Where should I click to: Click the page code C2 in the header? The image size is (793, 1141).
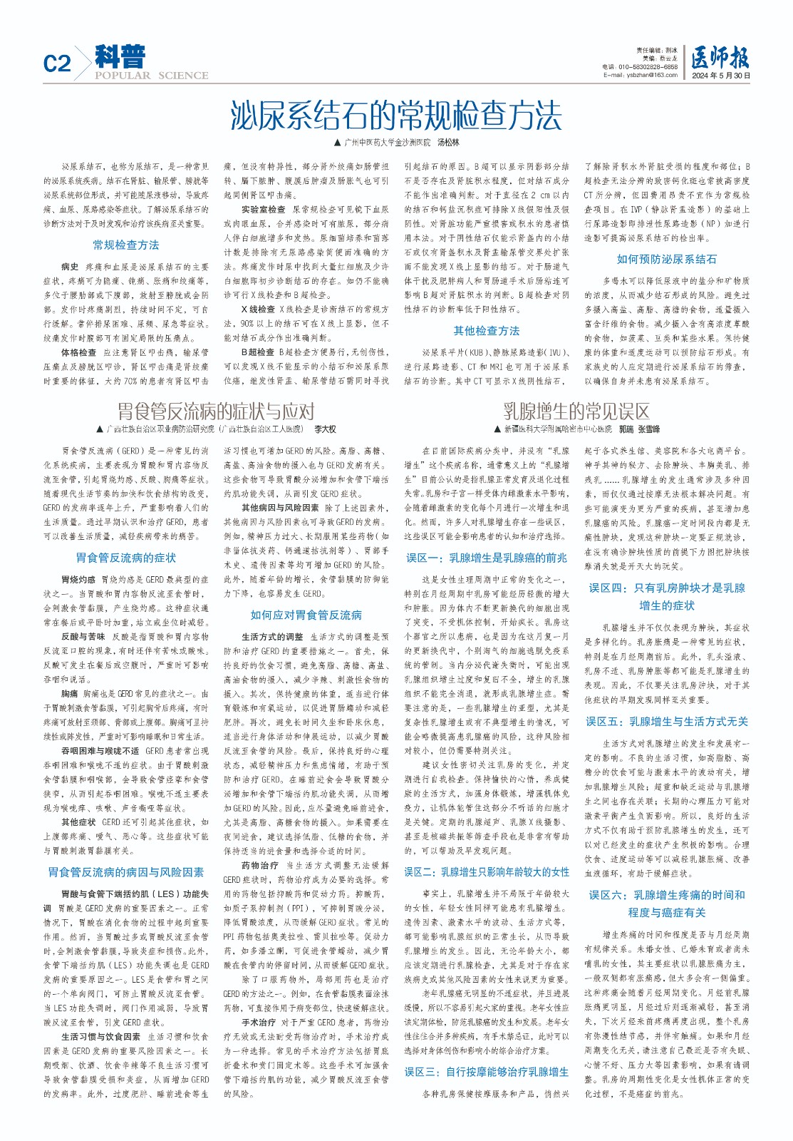click(57, 63)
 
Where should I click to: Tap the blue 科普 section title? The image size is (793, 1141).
click(120, 56)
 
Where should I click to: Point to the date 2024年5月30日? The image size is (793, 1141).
click(720, 75)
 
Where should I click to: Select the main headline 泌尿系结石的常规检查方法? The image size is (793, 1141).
click(396, 115)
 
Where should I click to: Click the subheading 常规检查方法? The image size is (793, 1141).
click(126, 245)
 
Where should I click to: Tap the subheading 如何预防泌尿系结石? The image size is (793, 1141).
click(667, 260)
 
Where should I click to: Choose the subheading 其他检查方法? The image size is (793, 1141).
click(487, 331)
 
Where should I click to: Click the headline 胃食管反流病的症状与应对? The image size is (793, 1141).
click(216, 411)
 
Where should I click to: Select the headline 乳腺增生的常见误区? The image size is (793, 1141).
click(576, 411)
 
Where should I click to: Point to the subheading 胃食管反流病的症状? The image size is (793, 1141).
click(126, 558)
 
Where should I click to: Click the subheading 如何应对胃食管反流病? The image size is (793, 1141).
click(306, 615)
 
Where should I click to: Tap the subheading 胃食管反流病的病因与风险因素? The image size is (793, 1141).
click(126, 872)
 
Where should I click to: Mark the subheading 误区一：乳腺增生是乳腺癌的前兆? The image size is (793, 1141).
click(487, 558)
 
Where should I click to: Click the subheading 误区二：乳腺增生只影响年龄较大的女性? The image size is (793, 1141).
click(487, 872)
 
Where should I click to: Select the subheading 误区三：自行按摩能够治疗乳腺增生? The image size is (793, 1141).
click(487, 1072)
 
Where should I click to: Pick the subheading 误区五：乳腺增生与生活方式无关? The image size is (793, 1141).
click(667, 722)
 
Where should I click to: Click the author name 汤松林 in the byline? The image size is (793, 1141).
click(448, 143)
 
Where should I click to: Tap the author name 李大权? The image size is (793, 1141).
click(325, 429)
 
